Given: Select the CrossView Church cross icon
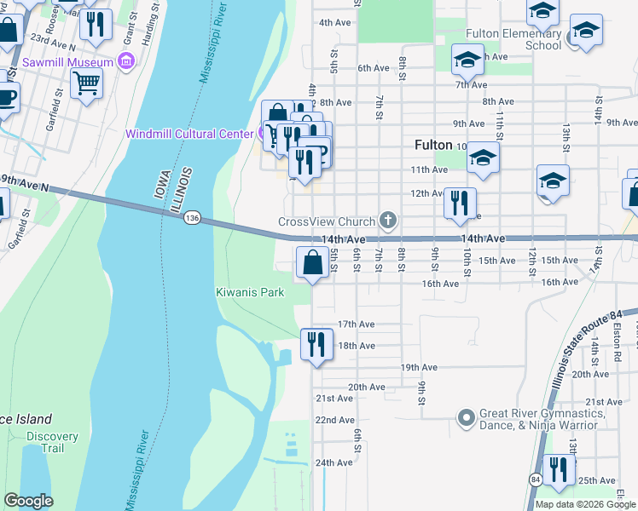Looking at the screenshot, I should click(388, 221).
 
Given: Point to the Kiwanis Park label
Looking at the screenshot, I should click(248, 292).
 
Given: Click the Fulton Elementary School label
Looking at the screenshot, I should click(513, 39).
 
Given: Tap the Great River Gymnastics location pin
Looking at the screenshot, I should click(466, 418).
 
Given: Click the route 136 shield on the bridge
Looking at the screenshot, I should click(191, 220).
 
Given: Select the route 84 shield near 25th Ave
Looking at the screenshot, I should click(534, 481).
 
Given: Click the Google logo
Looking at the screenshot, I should click(28, 501).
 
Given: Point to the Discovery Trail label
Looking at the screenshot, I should click(51, 442).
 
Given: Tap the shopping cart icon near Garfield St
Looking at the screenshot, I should click(86, 83).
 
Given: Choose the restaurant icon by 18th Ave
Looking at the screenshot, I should click(316, 344).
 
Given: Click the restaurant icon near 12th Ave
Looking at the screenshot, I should click(460, 203).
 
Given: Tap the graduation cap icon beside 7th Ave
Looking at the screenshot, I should click(467, 60).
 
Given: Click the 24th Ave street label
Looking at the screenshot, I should click(333, 462).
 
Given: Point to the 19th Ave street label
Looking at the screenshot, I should click(419, 368).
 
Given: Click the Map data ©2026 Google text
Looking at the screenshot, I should click(584, 504).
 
